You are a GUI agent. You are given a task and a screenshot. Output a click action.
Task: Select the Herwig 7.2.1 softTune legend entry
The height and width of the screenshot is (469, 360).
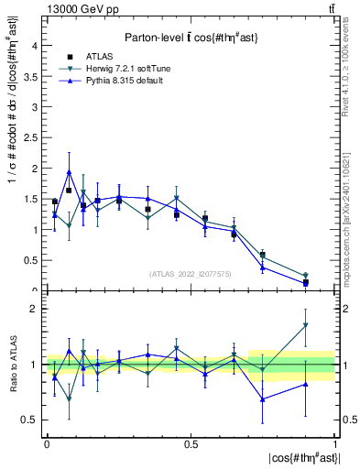(x=120, y=70)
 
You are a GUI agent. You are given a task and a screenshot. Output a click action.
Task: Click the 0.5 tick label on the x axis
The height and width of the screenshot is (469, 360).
(x=190, y=443)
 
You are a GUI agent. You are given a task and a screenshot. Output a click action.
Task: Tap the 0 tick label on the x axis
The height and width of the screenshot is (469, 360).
(x=46, y=443)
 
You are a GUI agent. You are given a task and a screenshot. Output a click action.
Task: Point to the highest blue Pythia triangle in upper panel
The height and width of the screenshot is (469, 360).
(x=69, y=171)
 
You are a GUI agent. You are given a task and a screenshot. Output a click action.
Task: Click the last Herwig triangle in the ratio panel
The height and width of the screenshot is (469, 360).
(x=306, y=325)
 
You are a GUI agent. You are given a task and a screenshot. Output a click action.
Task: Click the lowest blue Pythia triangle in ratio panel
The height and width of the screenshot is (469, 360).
(x=263, y=399)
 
